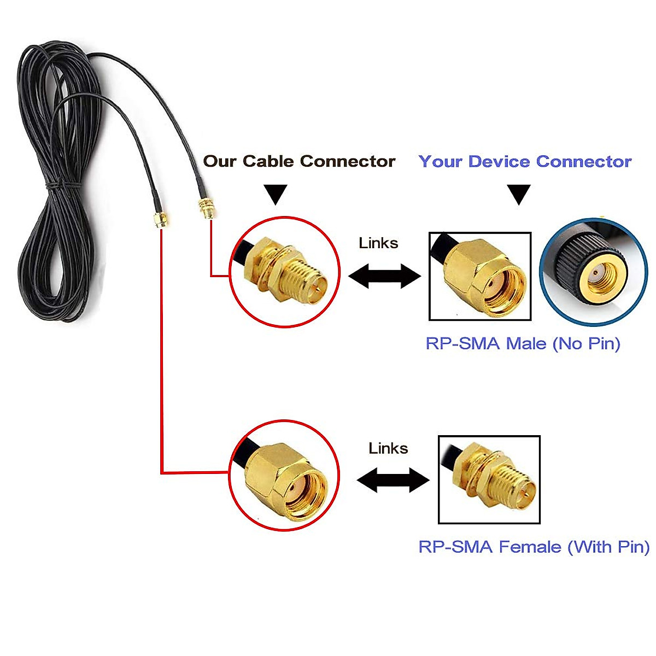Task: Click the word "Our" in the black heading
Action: pyautogui.click(x=219, y=161)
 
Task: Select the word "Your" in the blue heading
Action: pyautogui.click(x=441, y=162)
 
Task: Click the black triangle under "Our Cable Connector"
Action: pyautogui.click(x=276, y=194)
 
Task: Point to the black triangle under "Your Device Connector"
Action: pyautogui.click(x=518, y=194)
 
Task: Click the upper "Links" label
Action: pyautogui.click(x=378, y=243)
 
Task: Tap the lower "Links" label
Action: pyautogui.click(x=388, y=449)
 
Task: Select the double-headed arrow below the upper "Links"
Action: pyautogui.click(x=384, y=276)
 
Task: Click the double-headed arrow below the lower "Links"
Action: pyautogui.click(x=393, y=481)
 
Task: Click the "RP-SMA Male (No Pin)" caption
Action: pyautogui.click(x=523, y=344)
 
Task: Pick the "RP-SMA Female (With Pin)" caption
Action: pyautogui.click(x=534, y=547)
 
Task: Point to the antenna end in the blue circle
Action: pyautogui.click(x=593, y=272)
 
